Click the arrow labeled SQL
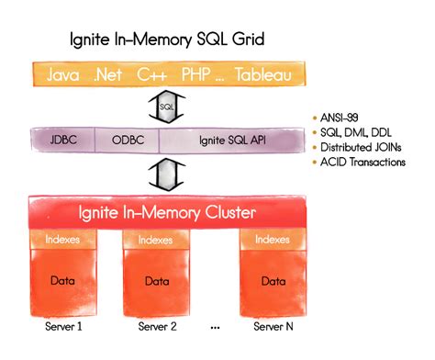click(x=166, y=107)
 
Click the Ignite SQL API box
click(x=229, y=141)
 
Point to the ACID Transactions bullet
click(x=363, y=162)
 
